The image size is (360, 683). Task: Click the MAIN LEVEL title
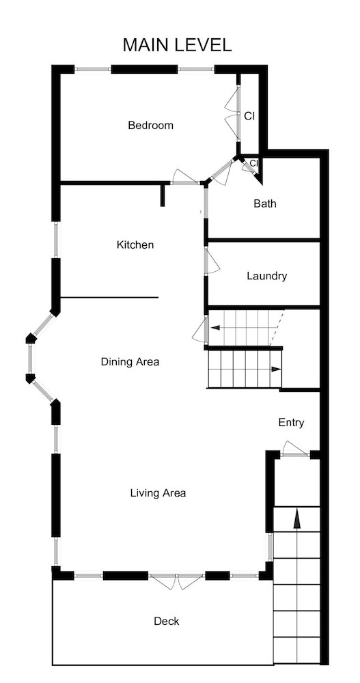pos(177,45)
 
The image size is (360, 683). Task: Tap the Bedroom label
pos(150,126)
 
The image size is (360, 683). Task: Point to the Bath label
pos(265,204)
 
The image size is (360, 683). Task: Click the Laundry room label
pos(266,277)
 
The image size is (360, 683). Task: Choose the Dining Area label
pos(130,361)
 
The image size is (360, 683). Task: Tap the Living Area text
pos(158,493)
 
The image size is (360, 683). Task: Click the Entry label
pos(291,423)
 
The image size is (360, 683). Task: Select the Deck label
pos(166,621)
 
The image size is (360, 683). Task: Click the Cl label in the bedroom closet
pos(249,116)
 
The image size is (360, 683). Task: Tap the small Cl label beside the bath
pos(253,163)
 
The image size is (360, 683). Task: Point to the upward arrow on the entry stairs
pos(296,519)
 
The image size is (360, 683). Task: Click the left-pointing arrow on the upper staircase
pos(216,329)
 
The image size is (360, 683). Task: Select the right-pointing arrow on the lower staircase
pos(275,370)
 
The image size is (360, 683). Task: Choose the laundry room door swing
pos(212,262)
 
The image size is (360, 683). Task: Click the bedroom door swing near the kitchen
pos(184,177)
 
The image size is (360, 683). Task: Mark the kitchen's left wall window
pos(57,240)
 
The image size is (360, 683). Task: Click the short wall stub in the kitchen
pos(163,195)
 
